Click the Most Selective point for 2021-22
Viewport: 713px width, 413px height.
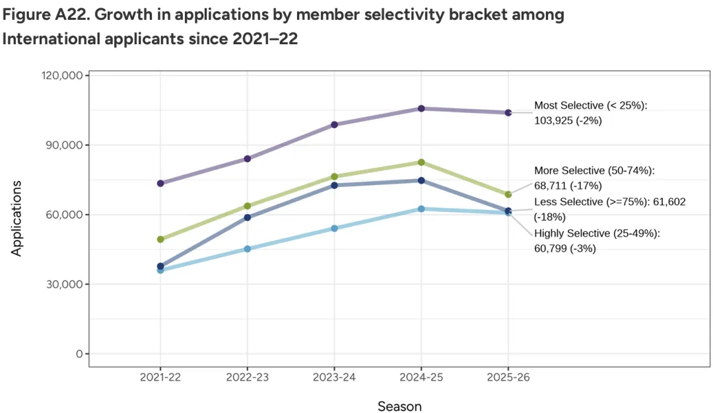[160, 183]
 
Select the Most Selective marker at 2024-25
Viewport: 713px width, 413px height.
[421, 108]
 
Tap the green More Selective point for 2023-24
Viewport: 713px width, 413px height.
[334, 176]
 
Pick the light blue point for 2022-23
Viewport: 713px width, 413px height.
[248, 249]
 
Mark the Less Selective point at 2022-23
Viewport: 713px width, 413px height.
[248, 217]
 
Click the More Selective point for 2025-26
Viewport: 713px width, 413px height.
[508, 194]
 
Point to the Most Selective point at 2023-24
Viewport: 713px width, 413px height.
[334, 124]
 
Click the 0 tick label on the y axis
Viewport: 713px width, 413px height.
[79, 354]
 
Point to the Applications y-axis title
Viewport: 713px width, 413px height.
[17, 218]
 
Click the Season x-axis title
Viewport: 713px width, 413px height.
[399, 406]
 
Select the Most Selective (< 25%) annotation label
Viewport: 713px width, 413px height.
[591, 105]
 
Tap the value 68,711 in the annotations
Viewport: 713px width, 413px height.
[551, 186]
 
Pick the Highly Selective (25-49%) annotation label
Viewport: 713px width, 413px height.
[597, 233]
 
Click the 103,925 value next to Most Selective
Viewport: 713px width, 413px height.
[554, 121]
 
